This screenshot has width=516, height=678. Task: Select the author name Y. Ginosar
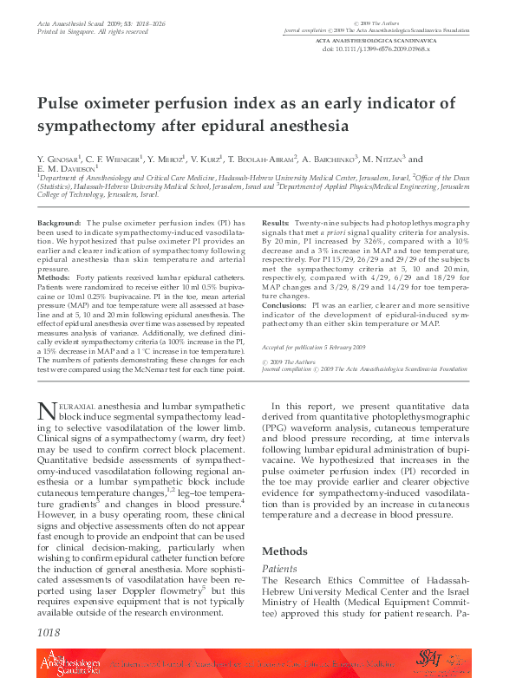click(x=59, y=160)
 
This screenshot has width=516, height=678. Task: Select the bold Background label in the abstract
click(x=60, y=224)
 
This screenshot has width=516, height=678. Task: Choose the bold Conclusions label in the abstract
click(x=284, y=306)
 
